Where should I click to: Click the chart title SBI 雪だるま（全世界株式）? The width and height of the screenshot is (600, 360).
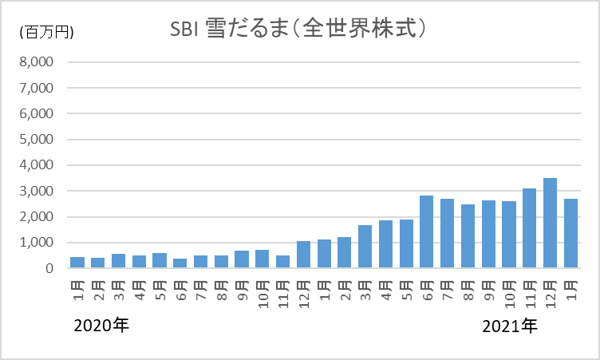pyautogui.click(x=298, y=29)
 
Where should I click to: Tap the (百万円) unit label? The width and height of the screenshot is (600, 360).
pyautogui.click(x=47, y=32)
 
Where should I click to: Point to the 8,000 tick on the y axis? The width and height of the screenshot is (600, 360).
pyautogui.click(x=37, y=61)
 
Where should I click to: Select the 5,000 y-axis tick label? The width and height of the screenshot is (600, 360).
pyautogui.click(x=37, y=139)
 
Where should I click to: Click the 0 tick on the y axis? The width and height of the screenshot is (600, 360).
pyautogui.click(x=49, y=268)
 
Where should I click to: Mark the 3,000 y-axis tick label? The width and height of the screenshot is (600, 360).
pyautogui.click(x=37, y=191)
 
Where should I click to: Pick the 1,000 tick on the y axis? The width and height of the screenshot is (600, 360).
pyautogui.click(x=37, y=243)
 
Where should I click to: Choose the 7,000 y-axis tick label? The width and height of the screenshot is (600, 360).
pyautogui.click(x=37, y=88)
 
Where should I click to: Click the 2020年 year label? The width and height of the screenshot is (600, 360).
pyautogui.click(x=101, y=326)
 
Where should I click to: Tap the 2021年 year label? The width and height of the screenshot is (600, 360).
pyautogui.click(x=510, y=326)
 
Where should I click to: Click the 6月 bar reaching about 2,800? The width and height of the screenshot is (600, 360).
pyautogui.click(x=426, y=231)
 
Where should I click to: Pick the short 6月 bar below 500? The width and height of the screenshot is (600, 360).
pyautogui.click(x=180, y=263)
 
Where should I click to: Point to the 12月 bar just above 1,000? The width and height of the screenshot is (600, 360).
pyautogui.click(x=303, y=255)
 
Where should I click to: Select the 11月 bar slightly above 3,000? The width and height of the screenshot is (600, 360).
pyautogui.click(x=529, y=228)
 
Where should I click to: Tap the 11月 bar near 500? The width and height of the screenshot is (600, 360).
pyautogui.click(x=282, y=262)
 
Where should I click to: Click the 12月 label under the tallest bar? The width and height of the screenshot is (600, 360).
pyautogui.click(x=551, y=294)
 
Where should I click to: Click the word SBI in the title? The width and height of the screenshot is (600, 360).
pyautogui.click(x=184, y=30)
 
